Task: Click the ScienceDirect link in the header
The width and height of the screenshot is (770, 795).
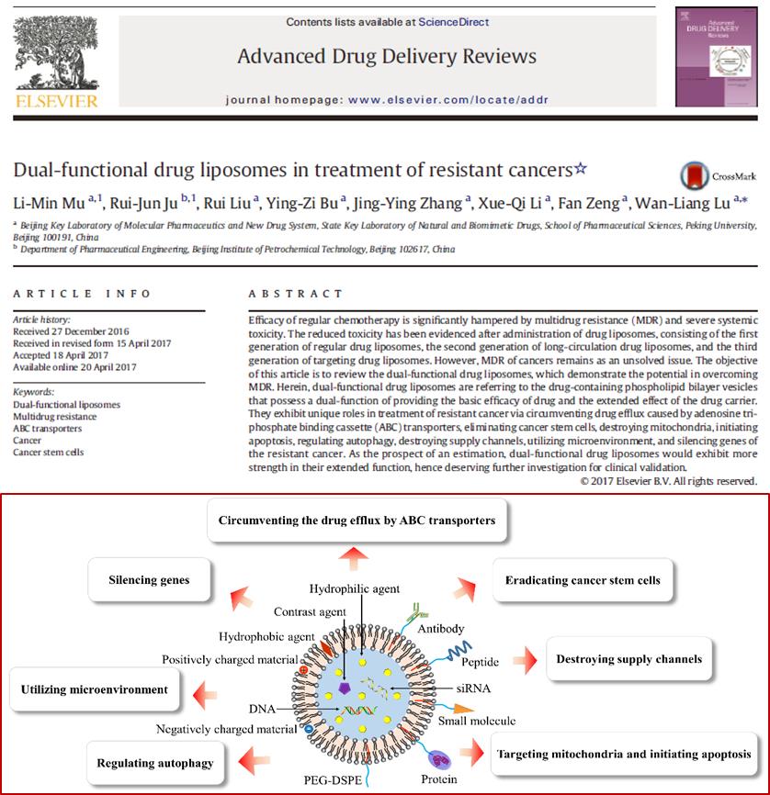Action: [453, 22]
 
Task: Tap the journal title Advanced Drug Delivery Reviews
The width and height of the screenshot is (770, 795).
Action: [387, 56]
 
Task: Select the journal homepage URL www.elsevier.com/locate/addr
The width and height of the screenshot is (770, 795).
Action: [448, 100]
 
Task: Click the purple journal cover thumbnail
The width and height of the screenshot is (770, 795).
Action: [716, 57]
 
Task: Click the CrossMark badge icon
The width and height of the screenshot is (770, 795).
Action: [694, 176]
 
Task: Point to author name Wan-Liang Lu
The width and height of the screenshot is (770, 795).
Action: [682, 203]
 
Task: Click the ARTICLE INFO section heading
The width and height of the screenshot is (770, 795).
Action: [82, 294]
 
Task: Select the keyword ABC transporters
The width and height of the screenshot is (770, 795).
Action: [47, 429]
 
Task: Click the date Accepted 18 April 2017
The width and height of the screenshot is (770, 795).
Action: [61, 355]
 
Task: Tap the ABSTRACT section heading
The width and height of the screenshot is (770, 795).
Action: [295, 294]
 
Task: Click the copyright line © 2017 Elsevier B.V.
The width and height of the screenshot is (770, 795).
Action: [669, 481]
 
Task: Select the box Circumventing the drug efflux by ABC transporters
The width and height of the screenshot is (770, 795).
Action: [357, 521]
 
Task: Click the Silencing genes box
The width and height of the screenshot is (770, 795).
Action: [149, 580]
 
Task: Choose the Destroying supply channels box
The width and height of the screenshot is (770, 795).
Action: [628, 659]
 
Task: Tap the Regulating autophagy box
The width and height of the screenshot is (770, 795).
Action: [155, 763]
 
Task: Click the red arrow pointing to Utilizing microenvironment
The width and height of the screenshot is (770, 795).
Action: [205, 695]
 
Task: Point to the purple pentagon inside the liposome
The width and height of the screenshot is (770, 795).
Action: [345, 688]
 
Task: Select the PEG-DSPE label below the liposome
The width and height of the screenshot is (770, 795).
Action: [333, 779]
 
